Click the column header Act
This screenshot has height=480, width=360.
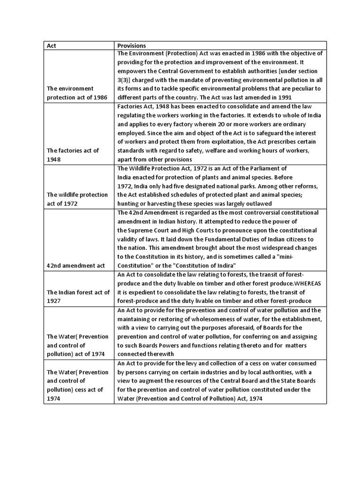[51, 46]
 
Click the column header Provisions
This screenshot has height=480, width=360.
[131, 46]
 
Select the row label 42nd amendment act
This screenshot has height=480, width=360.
[75, 265]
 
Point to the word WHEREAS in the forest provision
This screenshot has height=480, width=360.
[307, 283]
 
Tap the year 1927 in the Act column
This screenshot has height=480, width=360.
[53, 301]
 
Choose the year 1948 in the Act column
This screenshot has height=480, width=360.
[53, 159]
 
